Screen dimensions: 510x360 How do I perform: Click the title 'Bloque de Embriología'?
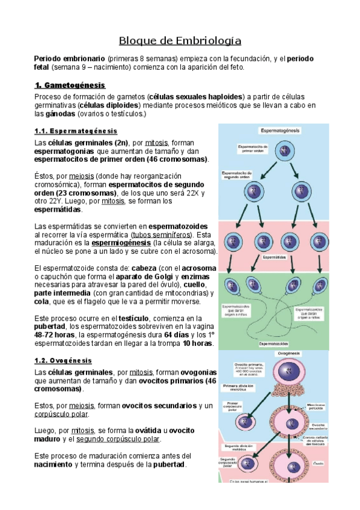(180, 41)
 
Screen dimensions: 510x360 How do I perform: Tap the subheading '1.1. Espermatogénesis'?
(76, 131)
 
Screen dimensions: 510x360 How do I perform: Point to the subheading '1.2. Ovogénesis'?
(63, 360)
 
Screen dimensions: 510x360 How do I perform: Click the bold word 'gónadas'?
(58, 113)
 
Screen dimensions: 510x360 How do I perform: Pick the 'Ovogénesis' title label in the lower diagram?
(287, 354)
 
